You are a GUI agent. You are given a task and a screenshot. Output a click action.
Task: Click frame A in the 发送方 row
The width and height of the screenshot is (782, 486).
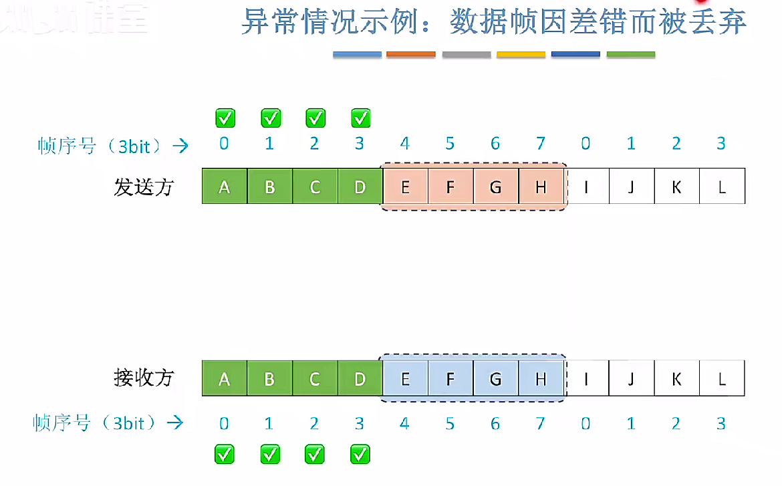coord(225,187)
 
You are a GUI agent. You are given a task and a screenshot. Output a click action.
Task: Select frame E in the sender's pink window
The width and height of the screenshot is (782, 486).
coord(405,187)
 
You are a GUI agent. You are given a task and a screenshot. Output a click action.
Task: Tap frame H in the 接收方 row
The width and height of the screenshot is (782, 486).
coord(541,379)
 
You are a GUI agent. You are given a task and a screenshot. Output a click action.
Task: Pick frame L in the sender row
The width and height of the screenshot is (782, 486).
coord(722,187)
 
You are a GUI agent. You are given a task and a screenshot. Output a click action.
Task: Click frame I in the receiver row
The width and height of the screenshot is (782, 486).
coord(586,379)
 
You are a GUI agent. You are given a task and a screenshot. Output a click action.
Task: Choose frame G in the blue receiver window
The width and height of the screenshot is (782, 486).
coord(495,379)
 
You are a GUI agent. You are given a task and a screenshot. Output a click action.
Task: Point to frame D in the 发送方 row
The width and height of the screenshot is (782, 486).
coord(360,187)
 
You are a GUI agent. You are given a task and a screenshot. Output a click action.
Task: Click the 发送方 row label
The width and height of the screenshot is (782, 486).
coord(144,187)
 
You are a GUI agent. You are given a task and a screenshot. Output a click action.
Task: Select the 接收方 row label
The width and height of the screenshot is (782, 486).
coord(144,378)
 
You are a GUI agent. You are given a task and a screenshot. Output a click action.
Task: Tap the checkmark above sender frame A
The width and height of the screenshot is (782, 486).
coord(225,118)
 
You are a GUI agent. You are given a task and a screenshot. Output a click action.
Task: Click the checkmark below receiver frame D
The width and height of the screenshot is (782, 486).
coord(360,455)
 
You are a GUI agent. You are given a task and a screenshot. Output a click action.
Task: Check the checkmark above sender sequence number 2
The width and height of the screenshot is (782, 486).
coord(315,118)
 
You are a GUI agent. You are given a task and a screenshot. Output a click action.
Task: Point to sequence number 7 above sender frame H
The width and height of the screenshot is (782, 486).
coord(541,144)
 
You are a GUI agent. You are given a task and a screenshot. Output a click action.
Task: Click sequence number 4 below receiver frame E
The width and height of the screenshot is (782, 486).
coord(404,424)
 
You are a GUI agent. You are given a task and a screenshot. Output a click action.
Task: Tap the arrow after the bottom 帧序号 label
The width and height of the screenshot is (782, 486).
coord(176,422)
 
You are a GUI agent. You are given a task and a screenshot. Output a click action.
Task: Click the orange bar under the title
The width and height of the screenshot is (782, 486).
coord(411,54)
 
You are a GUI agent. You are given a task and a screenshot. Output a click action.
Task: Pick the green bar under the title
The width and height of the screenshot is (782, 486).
coord(630,54)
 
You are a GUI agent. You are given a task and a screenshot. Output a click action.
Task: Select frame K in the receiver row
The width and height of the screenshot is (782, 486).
coord(676,379)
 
